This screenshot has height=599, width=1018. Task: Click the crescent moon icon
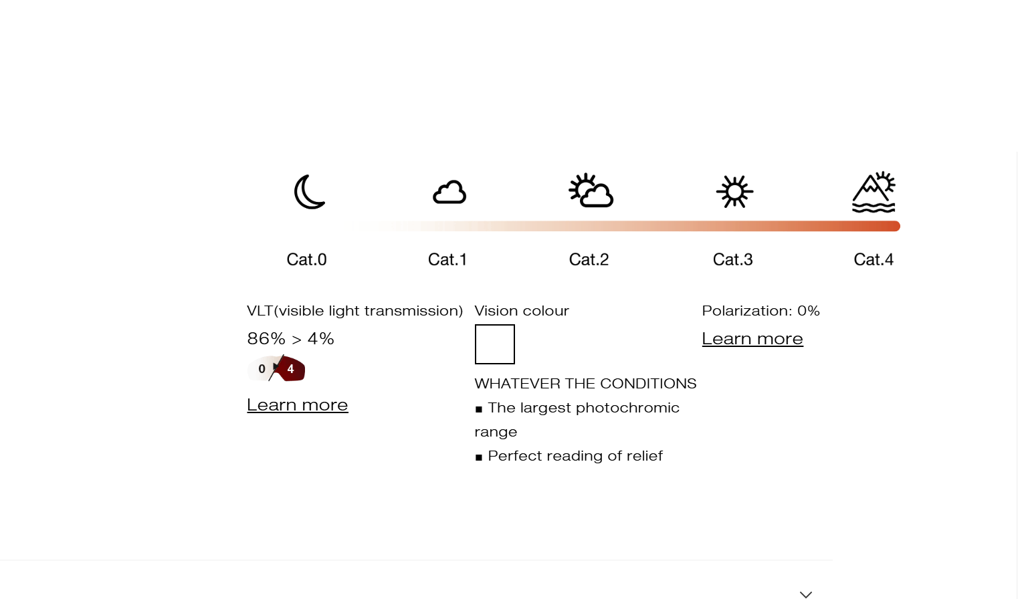[x=309, y=192]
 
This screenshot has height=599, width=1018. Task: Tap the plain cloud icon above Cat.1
[x=449, y=193]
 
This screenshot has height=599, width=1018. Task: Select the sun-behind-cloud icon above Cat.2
[x=591, y=191]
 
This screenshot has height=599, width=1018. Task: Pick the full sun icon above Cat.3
[x=734, y=192]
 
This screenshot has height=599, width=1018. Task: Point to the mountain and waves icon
[x=874, y=192]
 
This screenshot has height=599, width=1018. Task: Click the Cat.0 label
[x=306, y=259]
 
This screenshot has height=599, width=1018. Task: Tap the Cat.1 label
[x=447, y=259]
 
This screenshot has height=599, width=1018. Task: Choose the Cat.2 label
[x=589, y=259]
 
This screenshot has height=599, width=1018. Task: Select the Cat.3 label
[x=732, y=259]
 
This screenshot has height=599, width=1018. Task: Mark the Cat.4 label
[x=874, y=259]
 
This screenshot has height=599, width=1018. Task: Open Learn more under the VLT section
[x=298, y=405]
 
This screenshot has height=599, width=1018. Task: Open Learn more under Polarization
[x=752, y=339]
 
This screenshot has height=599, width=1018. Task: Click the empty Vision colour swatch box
[x=495, y=344]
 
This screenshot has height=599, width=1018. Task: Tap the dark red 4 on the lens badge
[x=291, y=369]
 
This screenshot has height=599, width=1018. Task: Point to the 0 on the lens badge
[x=262, y=369]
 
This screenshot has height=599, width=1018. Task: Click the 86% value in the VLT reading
[x=266, y=339]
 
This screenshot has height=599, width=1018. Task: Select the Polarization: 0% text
[x=760, y=311]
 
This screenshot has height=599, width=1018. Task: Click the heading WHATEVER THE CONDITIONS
[x=585, y=384]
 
